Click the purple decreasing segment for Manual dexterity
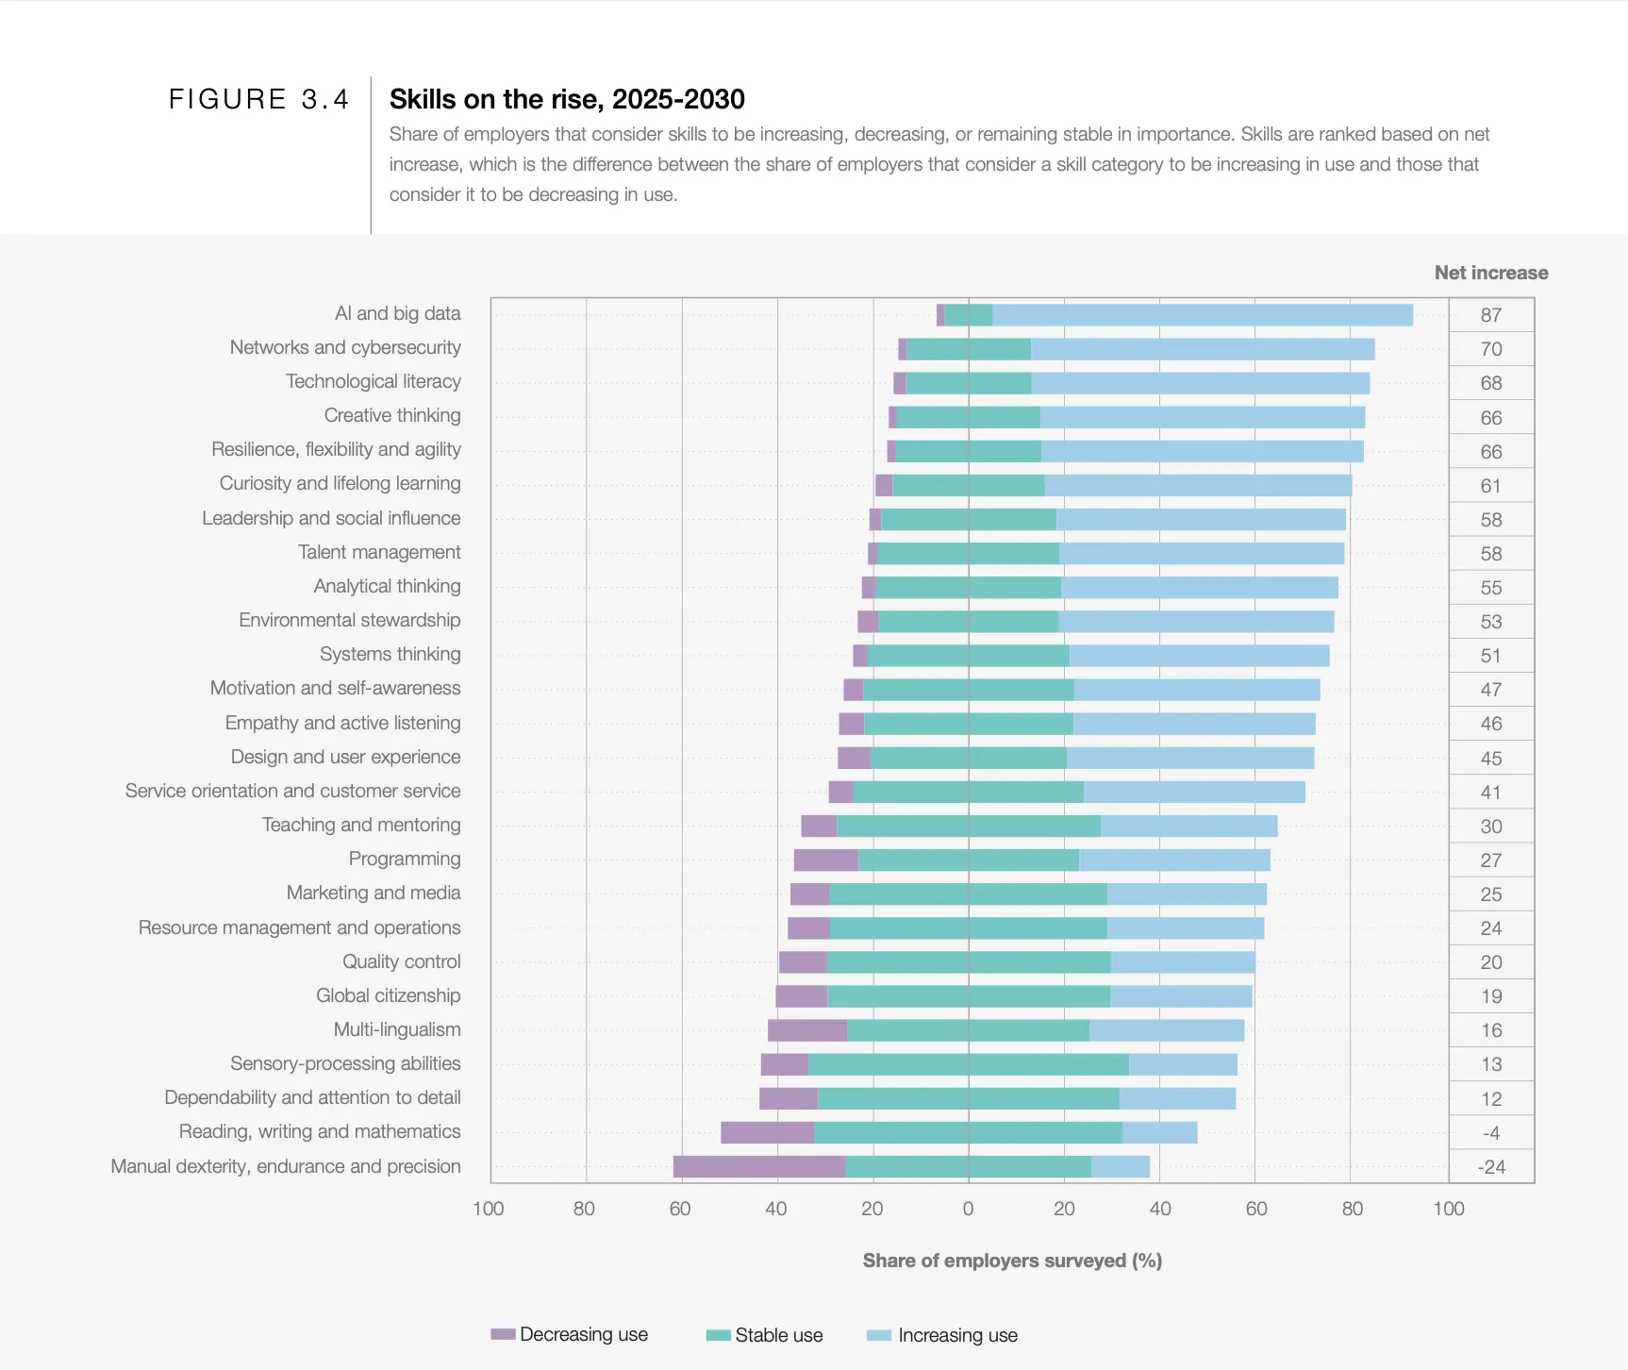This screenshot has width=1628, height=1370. click(x=759, y=1166)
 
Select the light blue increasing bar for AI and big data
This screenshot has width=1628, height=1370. click(x=1203, y=315)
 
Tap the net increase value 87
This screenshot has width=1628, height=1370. click(x=1490, y=315)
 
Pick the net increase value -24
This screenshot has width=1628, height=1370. click(x=1490, y=1167)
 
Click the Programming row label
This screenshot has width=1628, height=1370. click(x=404, y=859)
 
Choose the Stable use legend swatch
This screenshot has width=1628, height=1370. click(x=719, y=1335)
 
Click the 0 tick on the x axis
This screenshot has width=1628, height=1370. click(x=968, y=1209)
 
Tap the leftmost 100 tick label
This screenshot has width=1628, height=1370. click(x=488, y=1209)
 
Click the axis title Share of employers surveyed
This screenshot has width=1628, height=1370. click(x=1012, y=1261)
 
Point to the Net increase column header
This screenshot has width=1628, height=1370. click(x=1490, y=273)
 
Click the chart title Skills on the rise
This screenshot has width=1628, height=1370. click(x=567, y=99)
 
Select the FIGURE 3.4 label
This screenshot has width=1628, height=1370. click(x=258, y=99)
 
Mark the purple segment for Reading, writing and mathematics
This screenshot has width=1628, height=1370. click(x=767, y=1132)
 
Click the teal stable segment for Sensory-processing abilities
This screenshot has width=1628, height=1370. click(x=968, y=1064)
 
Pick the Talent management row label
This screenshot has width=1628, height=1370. click(x=379, y=552)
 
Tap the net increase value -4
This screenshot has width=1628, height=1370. click(x=1490, y=1133)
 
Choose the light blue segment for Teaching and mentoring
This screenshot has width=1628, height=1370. click(x=1188, y=826)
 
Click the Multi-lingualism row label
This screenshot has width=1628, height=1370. click(x=397, y=1029)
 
